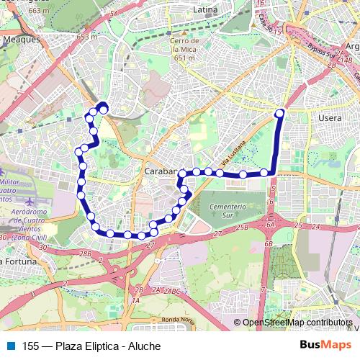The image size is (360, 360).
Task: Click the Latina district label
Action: coord(205,11)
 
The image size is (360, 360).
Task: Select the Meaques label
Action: coord(21,40)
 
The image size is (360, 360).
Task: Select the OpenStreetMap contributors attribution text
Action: coord(297,323)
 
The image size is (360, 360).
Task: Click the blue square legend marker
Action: coord(10,346)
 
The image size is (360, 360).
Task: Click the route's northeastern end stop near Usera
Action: coord(279,113)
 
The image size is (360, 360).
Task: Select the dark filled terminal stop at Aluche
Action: coord(104,109)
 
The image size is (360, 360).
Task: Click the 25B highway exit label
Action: coord(241,228)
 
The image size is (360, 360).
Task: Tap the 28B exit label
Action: coord(86,253)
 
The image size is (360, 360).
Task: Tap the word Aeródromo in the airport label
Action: coord(30,212)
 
